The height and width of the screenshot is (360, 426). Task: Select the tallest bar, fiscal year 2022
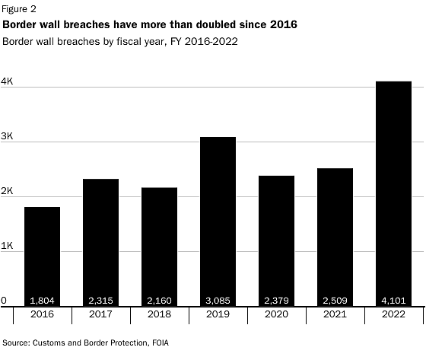[393, 190]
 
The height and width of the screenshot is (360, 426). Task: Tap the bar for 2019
[218, 221]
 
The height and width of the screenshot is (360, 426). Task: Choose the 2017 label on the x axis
[100, 314]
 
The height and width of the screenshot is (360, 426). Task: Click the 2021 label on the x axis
[335, 314]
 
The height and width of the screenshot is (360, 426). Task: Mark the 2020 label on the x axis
[276, 314]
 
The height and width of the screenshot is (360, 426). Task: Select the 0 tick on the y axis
[4, 301]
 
